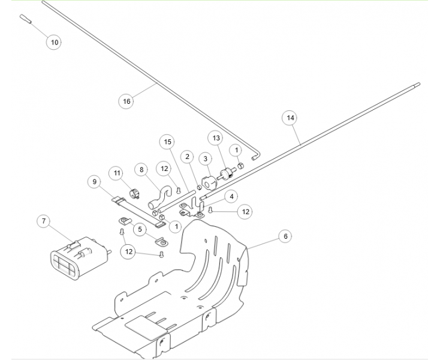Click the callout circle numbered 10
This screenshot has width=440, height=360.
(x=55, y=43)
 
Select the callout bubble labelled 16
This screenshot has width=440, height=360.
(x=126, y=101)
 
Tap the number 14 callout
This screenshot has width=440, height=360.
(x=290, y=118)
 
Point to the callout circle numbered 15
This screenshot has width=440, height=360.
(x=168, y=142)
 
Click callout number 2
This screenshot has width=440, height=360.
(x=187, y=157)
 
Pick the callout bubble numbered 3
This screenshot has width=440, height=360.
(x=206, y=159)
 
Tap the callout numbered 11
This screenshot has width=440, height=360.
(x=117, y=173)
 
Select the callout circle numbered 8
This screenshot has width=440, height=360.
(x=141, y=170)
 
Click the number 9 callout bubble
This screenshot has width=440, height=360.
(x=94, y=181)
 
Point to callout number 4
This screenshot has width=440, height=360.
(x=230, y=196)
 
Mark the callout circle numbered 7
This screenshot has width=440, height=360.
(x=43, y=221)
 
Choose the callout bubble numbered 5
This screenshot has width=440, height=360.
(x=139, y=229)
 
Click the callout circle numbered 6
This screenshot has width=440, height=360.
(x=286, y=236)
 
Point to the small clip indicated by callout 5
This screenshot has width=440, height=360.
(x=160, y=242)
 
